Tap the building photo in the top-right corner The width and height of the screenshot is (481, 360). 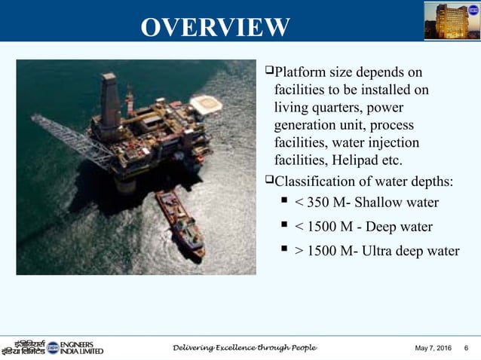click(451, 20)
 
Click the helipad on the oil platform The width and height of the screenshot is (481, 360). click(205, 104)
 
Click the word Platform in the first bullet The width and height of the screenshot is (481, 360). click(299, 73)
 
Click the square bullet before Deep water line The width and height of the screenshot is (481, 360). click(285, 226)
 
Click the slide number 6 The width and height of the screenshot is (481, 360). click(467, 348)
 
